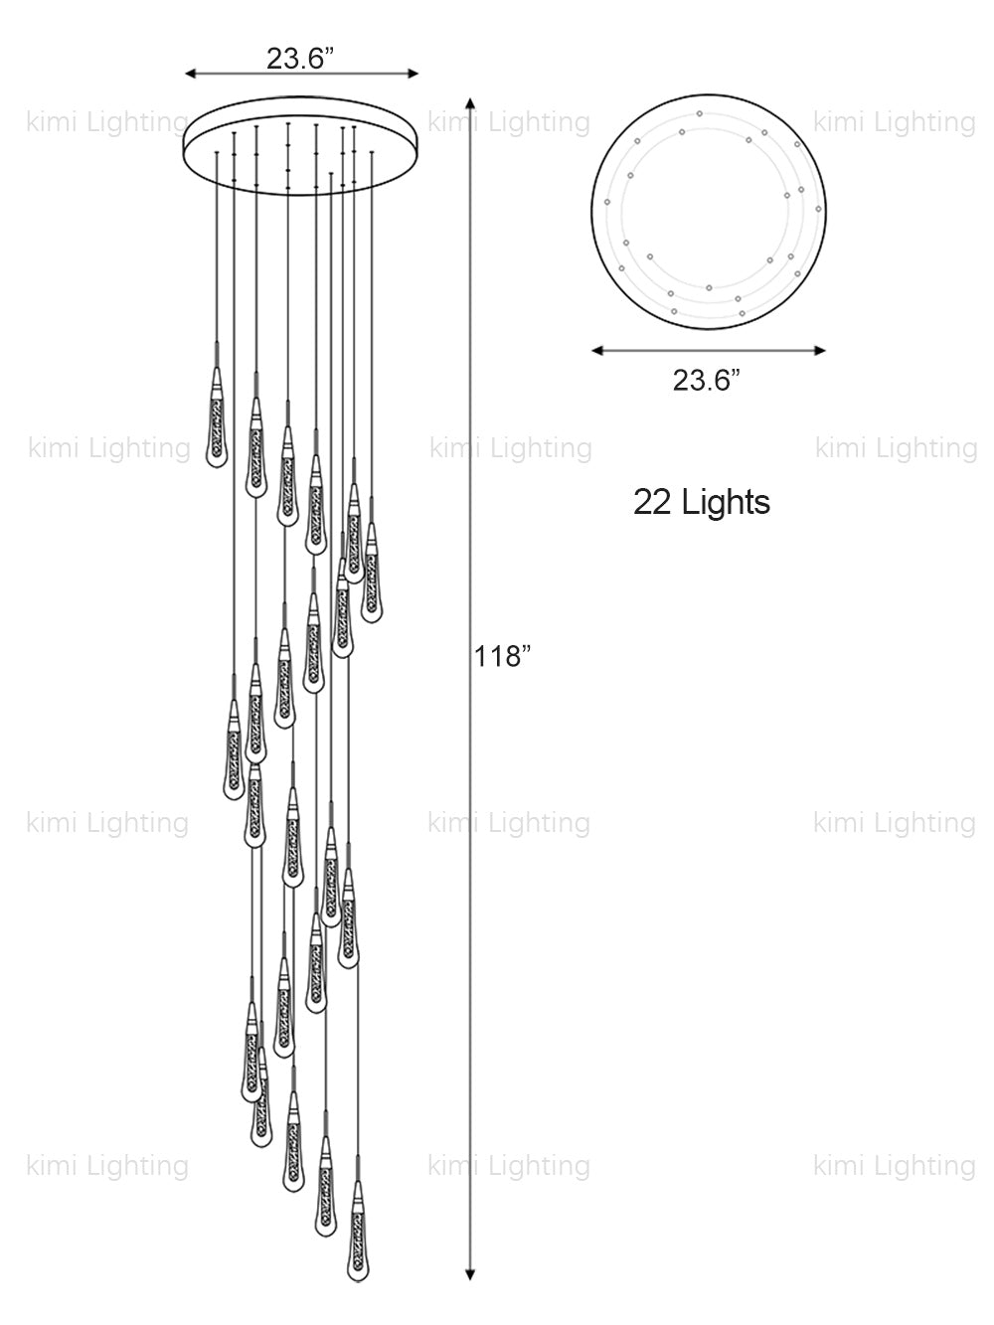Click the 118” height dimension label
[503, 656]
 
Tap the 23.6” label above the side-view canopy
[299, 58]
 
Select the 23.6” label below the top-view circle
[707, 379]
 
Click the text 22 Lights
[702, 502]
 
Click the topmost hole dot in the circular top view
[700, 113]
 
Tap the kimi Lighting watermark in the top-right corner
[895, 122]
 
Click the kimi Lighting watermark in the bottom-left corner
[107, 1165]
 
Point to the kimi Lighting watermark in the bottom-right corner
[895, 1165]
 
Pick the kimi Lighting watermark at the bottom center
[509, 1165]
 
